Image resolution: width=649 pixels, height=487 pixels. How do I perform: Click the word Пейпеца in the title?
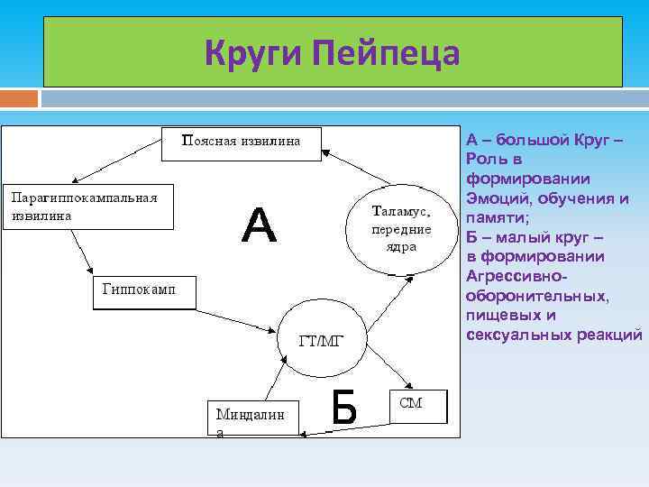(386, 52)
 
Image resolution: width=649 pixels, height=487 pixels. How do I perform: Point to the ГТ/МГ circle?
(321, 340)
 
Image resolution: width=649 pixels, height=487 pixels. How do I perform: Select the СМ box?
(417, 405)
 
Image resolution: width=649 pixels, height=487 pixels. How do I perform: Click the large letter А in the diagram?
(259, 225)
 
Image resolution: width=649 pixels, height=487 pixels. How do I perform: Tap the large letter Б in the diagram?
(343, 408)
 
